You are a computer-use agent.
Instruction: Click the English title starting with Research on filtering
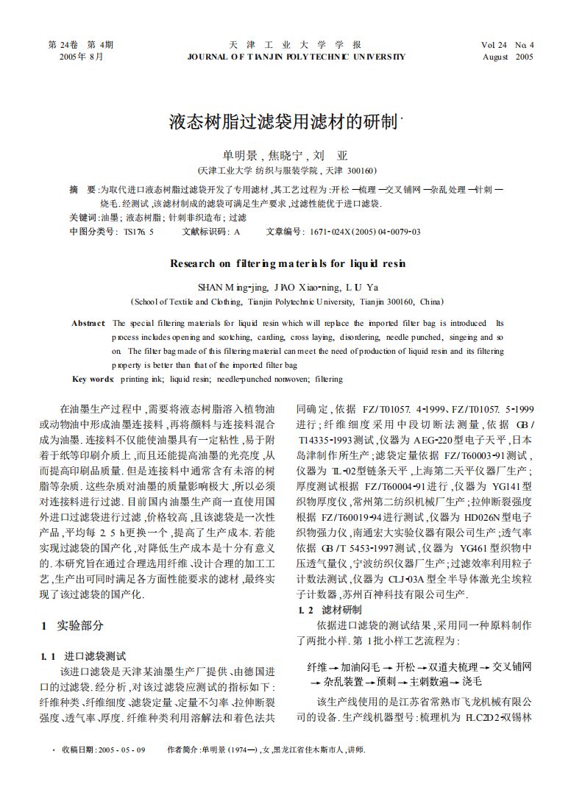(288, 263)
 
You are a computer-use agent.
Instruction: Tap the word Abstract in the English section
(88, 323)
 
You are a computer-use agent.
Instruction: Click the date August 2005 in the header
(508, 57)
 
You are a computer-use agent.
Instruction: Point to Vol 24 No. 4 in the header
(508, 45)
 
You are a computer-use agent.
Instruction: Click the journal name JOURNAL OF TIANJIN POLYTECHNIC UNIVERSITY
(296, 57)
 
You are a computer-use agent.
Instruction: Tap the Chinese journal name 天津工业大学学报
(295, 45)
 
